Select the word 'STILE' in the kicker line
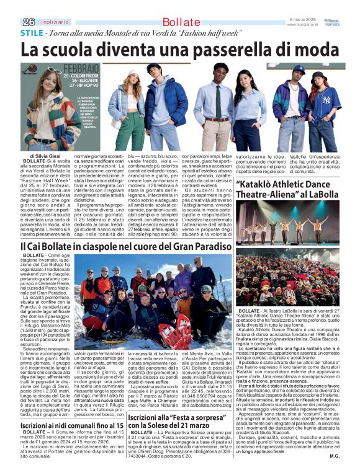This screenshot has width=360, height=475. point(32,32)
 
